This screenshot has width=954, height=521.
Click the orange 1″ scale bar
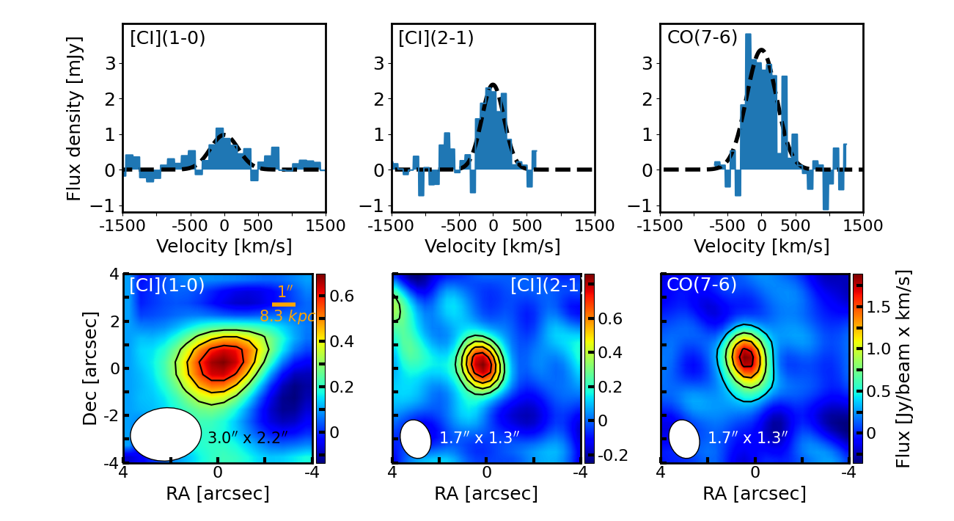tap(284, 304)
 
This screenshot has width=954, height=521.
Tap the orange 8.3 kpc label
tap(287, 316)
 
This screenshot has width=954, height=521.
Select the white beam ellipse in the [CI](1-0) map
tap(166, 434)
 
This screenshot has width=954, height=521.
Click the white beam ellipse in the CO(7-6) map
tap(684, 439)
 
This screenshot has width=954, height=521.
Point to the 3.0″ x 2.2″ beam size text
tap(248, 438)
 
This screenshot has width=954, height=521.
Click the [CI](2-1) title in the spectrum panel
tap(436, 37)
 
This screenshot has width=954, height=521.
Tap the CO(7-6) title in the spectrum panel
tap(702, 37)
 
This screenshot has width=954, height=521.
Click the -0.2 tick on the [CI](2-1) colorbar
tap(609, 455)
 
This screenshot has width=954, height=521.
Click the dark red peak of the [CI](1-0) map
tap(223, 360)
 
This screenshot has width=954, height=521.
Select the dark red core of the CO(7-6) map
tap(746, 357)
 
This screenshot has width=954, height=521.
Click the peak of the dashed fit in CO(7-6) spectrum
tap(762, 50)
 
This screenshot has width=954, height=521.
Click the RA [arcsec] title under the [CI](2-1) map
tap(486, 494)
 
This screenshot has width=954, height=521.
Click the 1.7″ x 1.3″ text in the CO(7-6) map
tap(747, 438)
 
